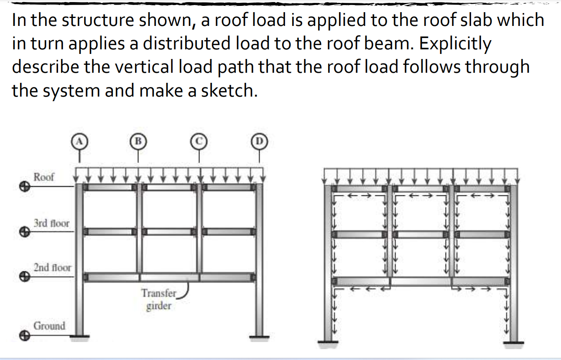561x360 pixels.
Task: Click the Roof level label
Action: [x=43, y=177]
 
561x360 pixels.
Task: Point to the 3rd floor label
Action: [x=51, y=223]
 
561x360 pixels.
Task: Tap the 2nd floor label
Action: [x=52, y=267]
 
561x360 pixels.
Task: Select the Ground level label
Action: [x=49, y=325]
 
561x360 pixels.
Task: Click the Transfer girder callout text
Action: [x=159, y=299]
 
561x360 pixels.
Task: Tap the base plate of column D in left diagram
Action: [x=259, y=335]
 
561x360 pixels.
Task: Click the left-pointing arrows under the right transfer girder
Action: [x=362, y=288]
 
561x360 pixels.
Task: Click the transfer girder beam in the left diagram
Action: [x=169, y=277]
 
